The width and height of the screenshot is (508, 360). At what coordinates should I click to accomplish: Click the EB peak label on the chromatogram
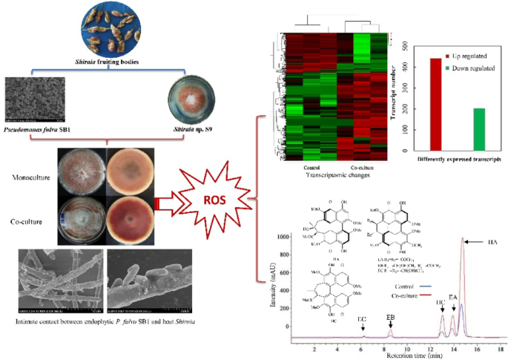coord(390,317)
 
